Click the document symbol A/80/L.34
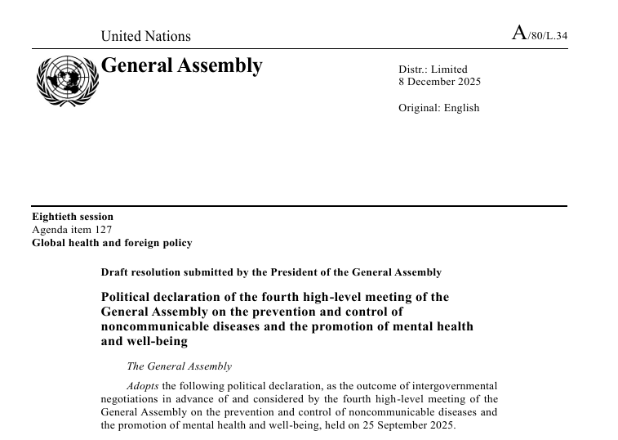tap(539, 34)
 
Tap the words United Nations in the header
tap(145, 36)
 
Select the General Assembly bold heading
tap(181, 65)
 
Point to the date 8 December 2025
tap(439, 82)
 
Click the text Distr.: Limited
tap(433, 70)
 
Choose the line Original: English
tap(439, 108)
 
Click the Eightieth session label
tap(73, 217)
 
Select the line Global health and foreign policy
tap(112, 243)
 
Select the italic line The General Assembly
tap(179, 366)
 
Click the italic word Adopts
tap(143, 386)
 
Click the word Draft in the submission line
tap(116, 272)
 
